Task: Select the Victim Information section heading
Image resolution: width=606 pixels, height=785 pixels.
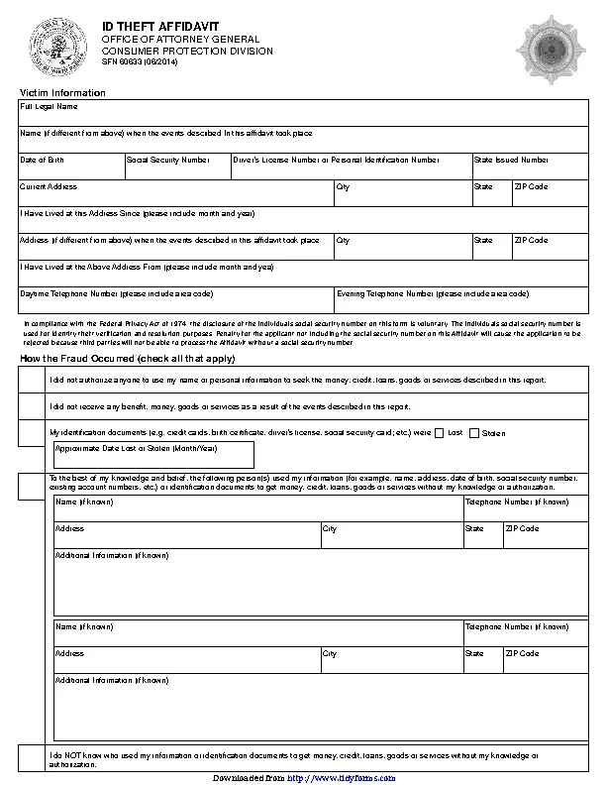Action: [63, 92]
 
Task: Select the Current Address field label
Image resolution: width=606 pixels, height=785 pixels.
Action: [49, 186]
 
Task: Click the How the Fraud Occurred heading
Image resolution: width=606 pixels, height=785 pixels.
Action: [128, 358]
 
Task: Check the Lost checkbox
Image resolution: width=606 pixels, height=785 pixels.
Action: [441, 433]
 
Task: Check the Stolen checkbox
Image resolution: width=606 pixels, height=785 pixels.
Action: [474, 433]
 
